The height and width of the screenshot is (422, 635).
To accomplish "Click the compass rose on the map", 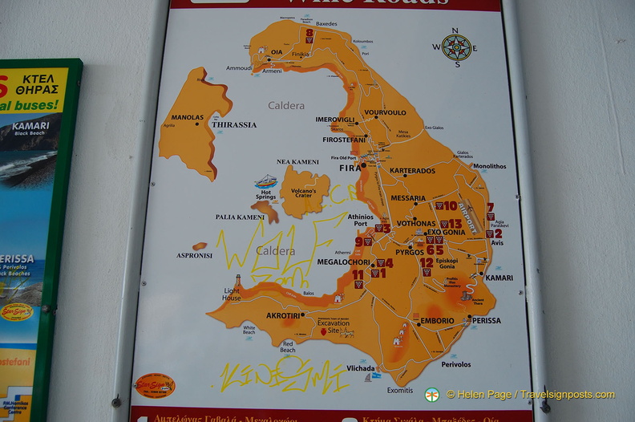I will pos(456,47).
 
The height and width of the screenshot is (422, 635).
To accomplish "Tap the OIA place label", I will pos(277,54).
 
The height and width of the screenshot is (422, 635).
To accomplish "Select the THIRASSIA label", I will pos(234,125).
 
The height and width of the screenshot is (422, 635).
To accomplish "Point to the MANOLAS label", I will pos(188,117).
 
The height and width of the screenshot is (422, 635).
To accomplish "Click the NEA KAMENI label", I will pos(298,161).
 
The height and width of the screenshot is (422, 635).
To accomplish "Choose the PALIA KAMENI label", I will pos(240,217).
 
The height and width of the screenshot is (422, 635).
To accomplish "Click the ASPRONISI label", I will pos(195,256).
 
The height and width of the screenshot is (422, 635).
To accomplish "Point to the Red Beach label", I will pos(287,347).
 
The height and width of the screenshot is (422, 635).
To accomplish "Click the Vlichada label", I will pos(362,368).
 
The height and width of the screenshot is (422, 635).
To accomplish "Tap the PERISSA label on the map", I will pos(486,320).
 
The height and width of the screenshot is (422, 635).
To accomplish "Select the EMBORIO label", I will pos(438,322).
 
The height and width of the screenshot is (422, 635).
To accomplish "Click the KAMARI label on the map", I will pos(499,278).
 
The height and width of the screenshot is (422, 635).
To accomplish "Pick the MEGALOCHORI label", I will pos(344,262).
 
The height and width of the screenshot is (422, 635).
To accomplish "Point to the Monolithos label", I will pos(489,167).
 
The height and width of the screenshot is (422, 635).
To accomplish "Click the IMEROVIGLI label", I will pos(334,120).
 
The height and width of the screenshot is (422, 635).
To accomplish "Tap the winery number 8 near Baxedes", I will pos(309,33).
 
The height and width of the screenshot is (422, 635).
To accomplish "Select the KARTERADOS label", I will pos(412,171).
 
